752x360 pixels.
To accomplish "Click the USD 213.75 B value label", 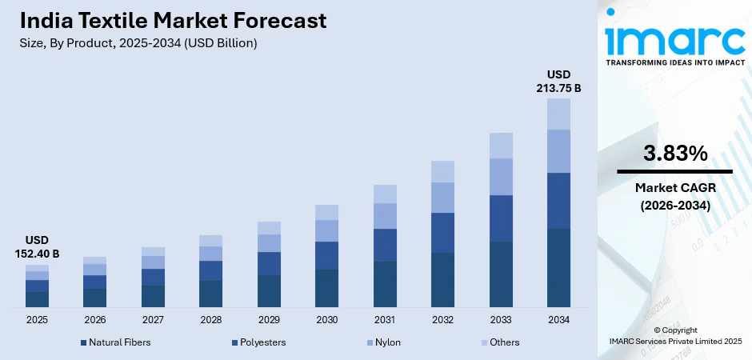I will [x=558, y=82].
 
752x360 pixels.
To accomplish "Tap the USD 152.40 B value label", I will [x=37, y=247].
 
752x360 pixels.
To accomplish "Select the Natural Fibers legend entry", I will [x=115, y=342].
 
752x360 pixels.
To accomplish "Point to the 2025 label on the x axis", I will [x=37, y=320].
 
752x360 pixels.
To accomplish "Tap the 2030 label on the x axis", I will [x=326, y=320].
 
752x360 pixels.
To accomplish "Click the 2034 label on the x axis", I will [x=558, y=320].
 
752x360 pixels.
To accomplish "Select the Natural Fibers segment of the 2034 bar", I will [x=558, y=267].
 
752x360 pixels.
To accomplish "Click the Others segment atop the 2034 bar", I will [x=558, y=114].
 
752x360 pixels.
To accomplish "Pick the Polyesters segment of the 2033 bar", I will [x=501, y=218].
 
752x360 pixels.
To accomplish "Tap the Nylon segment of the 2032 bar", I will [x=442, y=198].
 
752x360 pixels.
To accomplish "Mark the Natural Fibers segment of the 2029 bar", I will [x=269, y=290].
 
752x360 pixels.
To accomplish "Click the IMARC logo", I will [x=674, y=38].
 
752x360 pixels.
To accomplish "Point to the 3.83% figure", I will [x=674, y=154].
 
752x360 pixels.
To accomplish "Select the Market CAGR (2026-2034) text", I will [x=674, y=196].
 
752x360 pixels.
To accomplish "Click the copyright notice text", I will [x=674, y=335].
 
